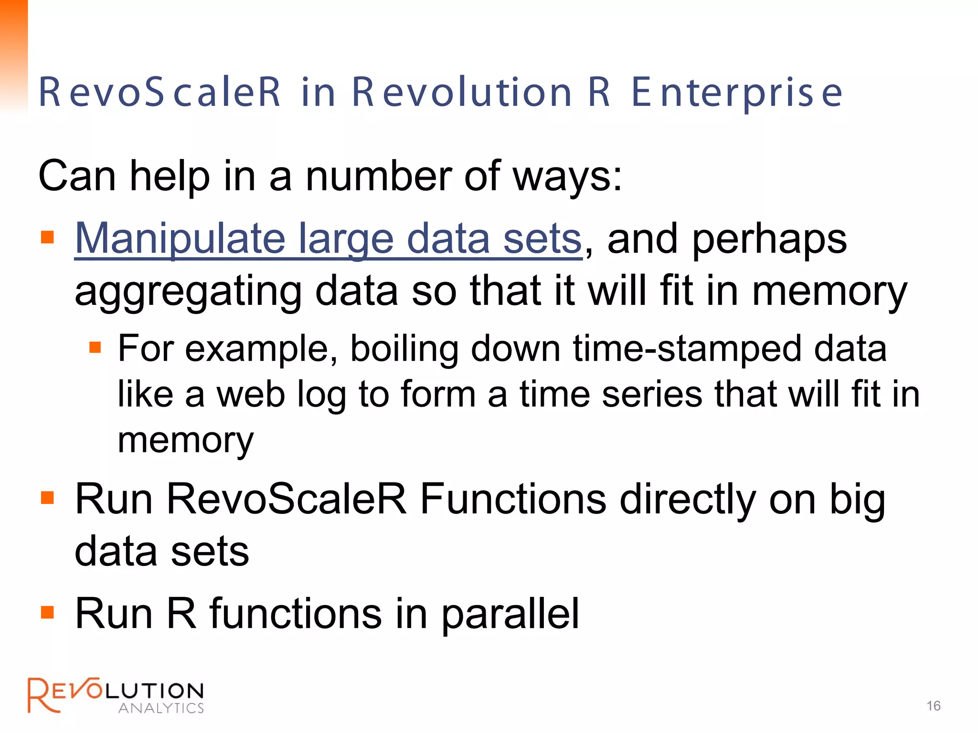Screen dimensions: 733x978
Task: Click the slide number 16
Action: click(933, 706)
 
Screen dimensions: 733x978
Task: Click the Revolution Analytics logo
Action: click(116, 695)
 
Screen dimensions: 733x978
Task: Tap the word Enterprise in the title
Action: click(737, 93)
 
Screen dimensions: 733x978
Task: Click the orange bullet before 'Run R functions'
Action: click(47, 612)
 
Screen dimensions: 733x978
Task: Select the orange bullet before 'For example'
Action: click(95, 347)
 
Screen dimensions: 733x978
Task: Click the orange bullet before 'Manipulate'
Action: click(47, 237)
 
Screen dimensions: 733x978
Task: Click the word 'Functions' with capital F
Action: click(513, 500)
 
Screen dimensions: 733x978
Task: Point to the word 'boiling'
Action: click(404, 349)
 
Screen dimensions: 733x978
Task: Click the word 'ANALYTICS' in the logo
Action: click(161, 708)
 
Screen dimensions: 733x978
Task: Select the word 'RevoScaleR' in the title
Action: click(159, 93)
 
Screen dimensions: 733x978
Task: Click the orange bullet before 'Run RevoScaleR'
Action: click(47, 498)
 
